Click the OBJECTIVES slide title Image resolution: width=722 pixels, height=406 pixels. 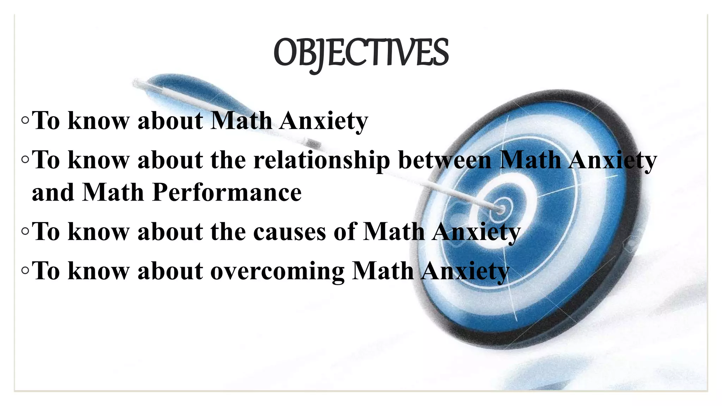(x=361, y=53)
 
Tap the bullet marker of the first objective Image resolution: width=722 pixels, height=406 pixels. (x=25, y=121)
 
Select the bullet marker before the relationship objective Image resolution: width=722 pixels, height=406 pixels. (x=25, y=160)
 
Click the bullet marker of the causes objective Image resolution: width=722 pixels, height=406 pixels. (x=25, y=232)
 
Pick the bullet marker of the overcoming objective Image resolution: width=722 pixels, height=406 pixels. (x=25, y=271)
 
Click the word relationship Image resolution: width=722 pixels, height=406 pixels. (x=322, y=160)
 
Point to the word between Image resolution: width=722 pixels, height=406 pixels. (x=445, y=160)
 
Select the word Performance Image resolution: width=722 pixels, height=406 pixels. (x=227, y=192)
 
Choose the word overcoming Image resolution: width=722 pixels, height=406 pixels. (x=277, y=271)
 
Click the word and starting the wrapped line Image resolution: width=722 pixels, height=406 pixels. (x=53, y=192)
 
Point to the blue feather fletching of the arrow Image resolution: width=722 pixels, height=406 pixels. (x=197, y=90)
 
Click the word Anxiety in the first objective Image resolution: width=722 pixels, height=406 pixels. (x=324, y=121)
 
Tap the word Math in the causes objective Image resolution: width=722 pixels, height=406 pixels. (x=393, y=232)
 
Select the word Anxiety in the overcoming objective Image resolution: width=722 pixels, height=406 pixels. (x=465, y=271)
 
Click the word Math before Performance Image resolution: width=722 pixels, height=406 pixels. (x=113, y=192)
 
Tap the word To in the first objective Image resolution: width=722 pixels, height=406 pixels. (x=46, y=121)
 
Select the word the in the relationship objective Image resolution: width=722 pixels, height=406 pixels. (x=228, y=160)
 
